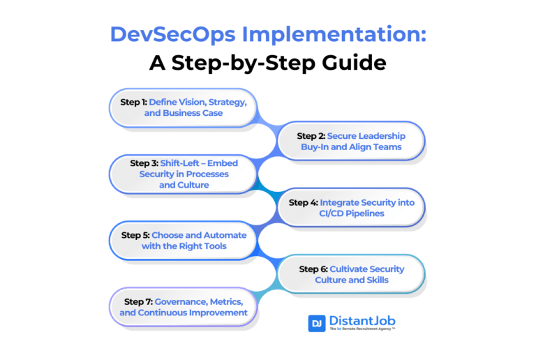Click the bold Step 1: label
133,102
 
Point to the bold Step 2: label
311,136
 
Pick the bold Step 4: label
304,202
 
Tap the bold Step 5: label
135,235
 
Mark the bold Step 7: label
138,301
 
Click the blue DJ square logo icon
317,323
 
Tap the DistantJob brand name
362,320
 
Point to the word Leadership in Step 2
380,136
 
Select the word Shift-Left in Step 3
188,163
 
